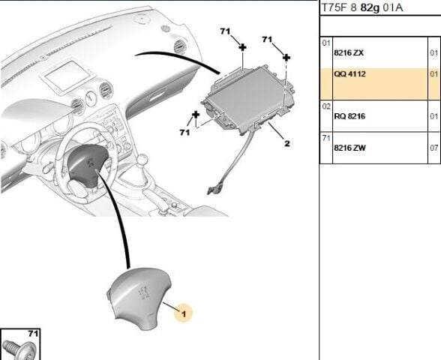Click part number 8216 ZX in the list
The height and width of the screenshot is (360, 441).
(348, 53)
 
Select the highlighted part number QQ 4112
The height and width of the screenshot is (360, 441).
(349, 75)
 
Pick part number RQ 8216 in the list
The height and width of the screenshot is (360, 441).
(349, 117)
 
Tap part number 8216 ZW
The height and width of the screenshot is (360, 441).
(349, 148)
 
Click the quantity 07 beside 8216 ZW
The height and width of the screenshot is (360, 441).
(433, 148)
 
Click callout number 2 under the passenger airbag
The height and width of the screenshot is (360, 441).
(286, 142)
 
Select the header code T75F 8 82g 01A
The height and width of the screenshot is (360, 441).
(362, 7)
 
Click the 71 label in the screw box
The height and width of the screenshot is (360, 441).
(33, 332)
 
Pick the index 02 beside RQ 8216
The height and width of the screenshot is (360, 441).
(326, 106)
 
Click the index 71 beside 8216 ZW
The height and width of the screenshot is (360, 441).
(326, 138)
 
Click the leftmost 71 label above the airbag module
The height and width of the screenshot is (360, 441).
(224, 31)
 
